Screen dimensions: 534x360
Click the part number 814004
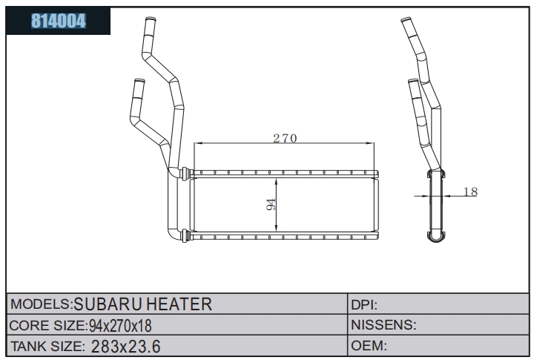[59, 21]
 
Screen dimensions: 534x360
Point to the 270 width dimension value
[285, 138]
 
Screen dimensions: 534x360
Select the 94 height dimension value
[271, 204]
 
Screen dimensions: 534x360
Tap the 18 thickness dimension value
[470, 192]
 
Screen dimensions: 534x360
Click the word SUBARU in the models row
[108, 304]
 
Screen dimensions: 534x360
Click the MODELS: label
[42, 304]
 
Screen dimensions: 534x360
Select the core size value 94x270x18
[120, 326]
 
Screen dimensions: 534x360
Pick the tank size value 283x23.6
[125, 347]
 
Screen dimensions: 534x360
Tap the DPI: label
[364, 305]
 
